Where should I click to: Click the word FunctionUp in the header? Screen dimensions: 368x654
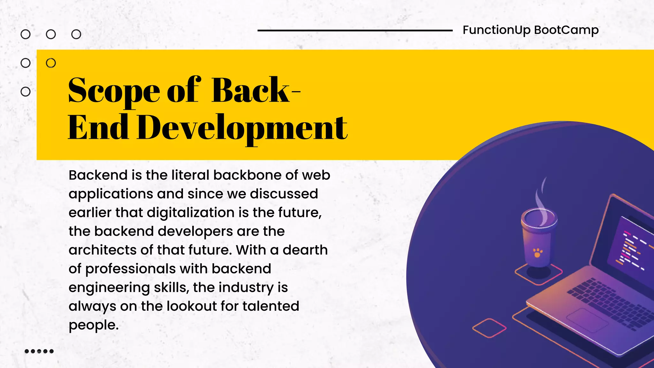coord(497,30)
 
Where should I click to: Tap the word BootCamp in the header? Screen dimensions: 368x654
coord(566,30)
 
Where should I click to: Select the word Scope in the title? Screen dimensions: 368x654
coord(114,91)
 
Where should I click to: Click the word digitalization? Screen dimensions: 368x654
coord(191,213)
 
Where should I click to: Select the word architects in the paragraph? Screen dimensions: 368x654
coord(103,250)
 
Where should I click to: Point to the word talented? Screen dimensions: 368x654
coord(271,306)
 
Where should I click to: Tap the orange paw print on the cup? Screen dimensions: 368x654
coord(538,253)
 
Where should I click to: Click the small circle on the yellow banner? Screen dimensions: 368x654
coord(51,63)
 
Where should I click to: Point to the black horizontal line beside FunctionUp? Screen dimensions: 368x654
coord(355,31)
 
